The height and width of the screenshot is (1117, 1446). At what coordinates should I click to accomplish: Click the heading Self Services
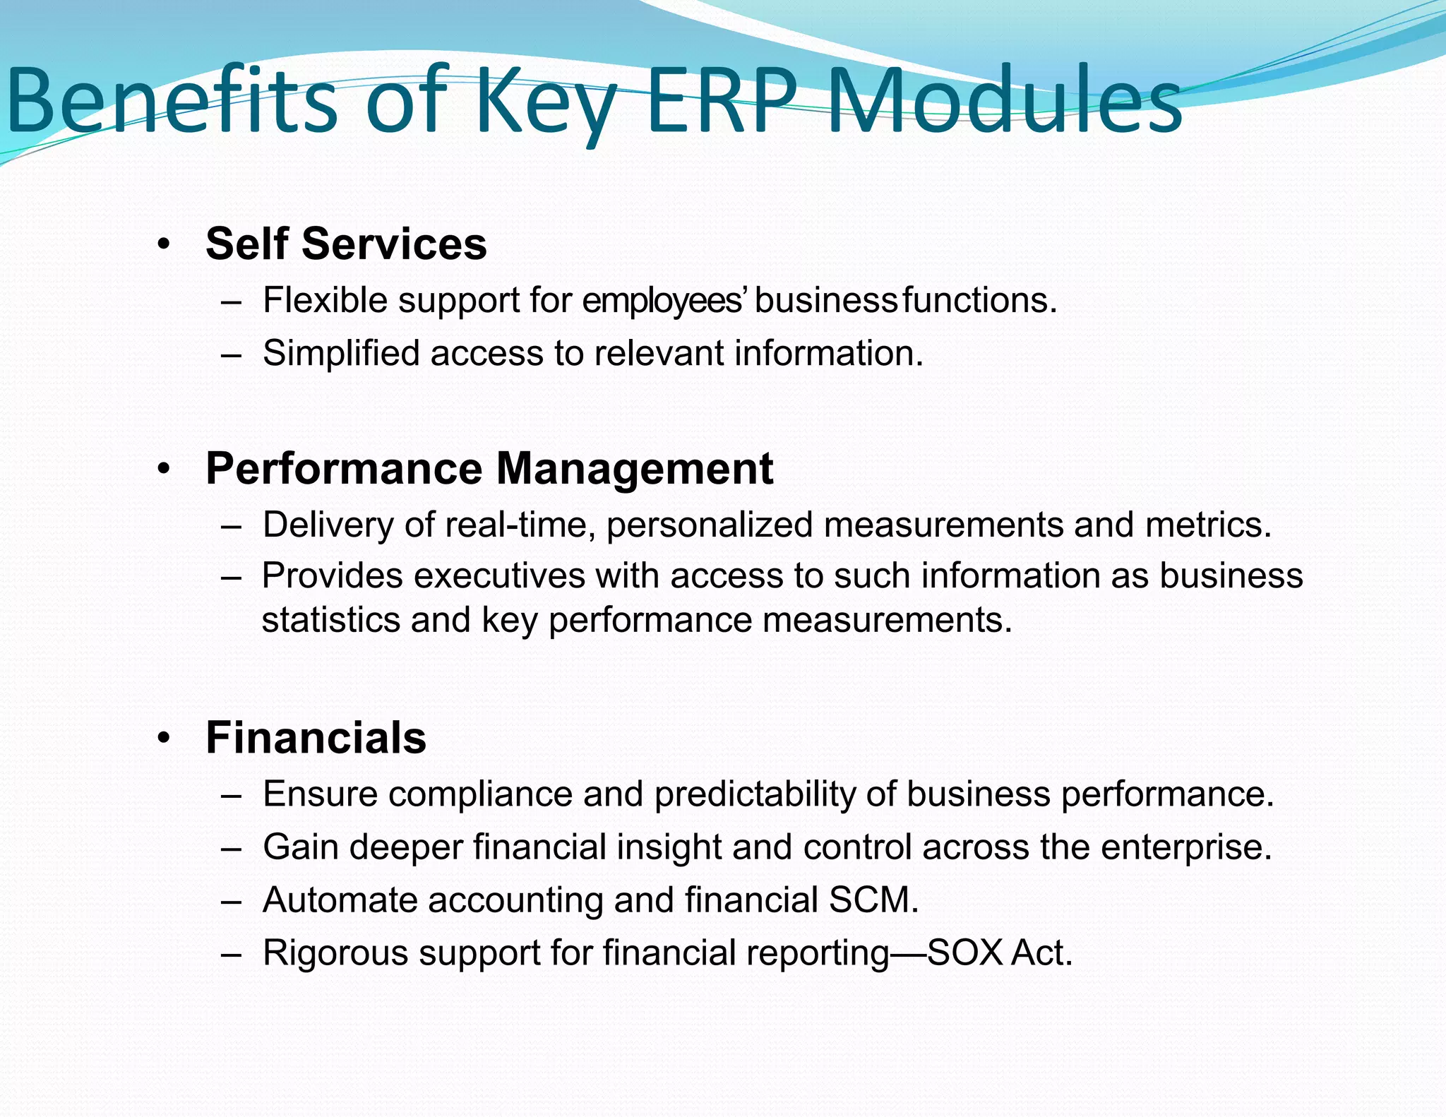346,244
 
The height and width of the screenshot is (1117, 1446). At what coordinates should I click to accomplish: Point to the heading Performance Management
489,468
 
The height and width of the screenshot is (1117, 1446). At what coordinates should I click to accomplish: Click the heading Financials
316,737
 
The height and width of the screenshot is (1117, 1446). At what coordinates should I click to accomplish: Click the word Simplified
341,353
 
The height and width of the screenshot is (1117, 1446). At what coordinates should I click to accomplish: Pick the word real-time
520,525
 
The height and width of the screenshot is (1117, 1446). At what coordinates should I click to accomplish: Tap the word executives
499,575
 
